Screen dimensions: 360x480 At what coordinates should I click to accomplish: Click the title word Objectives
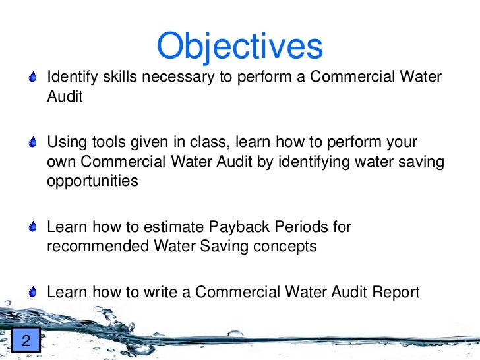coord(240,46)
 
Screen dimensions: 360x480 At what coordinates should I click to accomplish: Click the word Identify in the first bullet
coord(70,77)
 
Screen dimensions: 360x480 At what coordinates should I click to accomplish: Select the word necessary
coord(177,77)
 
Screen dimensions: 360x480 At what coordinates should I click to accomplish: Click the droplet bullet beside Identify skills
coord(34,78)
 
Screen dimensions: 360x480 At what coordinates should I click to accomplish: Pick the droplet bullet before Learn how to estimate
coord(34,228)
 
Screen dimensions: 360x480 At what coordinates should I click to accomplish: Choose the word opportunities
coord(92,181)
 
